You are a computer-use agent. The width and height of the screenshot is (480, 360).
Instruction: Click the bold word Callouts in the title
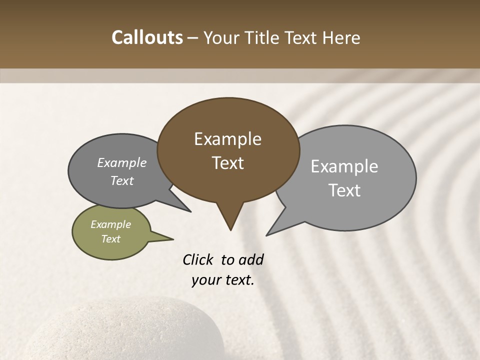click(x=147, y=37)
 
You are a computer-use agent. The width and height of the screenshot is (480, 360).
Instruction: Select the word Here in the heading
click(x=341, y=37)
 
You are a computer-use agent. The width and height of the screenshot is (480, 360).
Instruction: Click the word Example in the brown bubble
click(x=227, y=139)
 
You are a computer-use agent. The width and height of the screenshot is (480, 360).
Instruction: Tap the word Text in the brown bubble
click(x=228, y=163)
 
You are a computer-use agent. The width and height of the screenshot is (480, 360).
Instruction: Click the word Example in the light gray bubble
click(x=344, y=166)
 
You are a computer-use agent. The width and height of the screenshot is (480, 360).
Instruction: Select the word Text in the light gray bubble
click(x=345, y=190)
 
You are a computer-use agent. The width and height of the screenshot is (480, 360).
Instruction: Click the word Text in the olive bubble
click(x=110, y=239)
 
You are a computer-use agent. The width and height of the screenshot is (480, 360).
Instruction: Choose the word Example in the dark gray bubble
click(x=122, y=163)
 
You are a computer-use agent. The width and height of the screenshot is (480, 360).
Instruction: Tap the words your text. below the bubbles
click(x=223, y=280)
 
